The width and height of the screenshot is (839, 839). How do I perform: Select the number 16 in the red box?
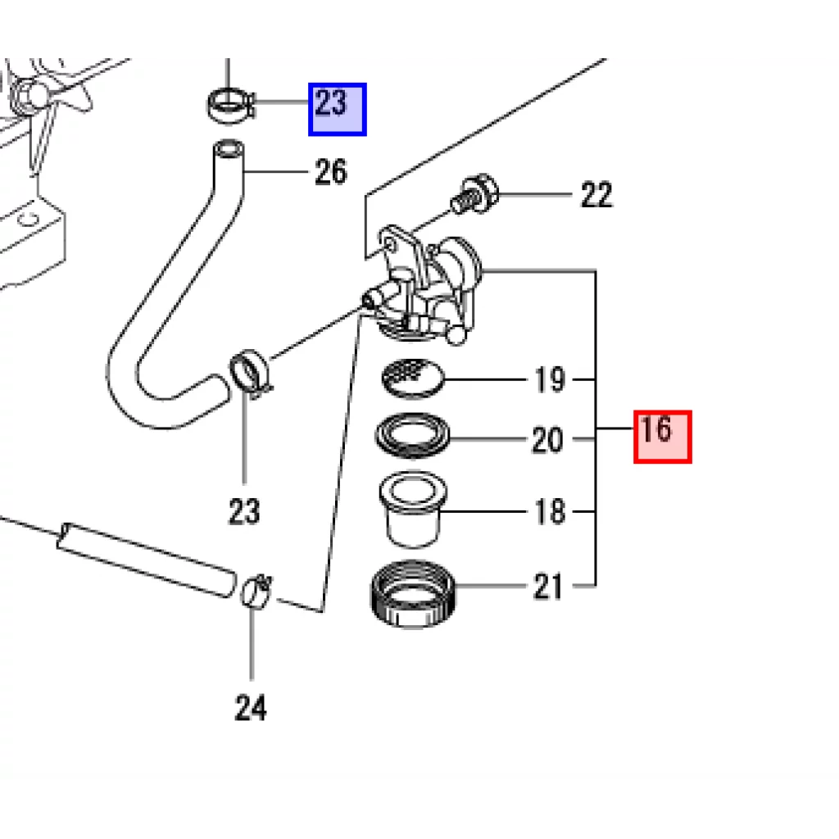pos(655,429)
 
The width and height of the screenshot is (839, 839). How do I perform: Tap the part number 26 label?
pos(331,172)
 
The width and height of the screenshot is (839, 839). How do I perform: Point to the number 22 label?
pos(596,195)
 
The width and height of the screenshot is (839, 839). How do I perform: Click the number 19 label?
pos(550,380)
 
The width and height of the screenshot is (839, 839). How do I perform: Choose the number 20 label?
pos(547,440)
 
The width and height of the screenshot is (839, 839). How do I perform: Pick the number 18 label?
pos(550,511)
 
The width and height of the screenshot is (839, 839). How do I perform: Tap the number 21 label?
pos(548,587)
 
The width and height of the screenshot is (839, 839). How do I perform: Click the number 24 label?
pos(251,707)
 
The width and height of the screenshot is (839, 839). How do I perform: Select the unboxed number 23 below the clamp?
pos(244,511)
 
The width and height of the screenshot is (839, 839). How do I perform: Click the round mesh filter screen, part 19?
pos(413,379)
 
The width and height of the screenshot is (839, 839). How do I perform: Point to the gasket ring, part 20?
pos(413,436)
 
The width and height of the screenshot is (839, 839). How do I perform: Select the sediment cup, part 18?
pos(413,509)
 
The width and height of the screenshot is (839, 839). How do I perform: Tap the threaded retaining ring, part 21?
pos(413,594)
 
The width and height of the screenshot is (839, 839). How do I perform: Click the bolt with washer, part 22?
pos(474,193)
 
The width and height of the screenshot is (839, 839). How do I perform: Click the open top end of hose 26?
pos(229,148)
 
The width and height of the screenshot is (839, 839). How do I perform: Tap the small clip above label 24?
pos(256,592)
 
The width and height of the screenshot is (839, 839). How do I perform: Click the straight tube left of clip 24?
pos(146,560)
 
